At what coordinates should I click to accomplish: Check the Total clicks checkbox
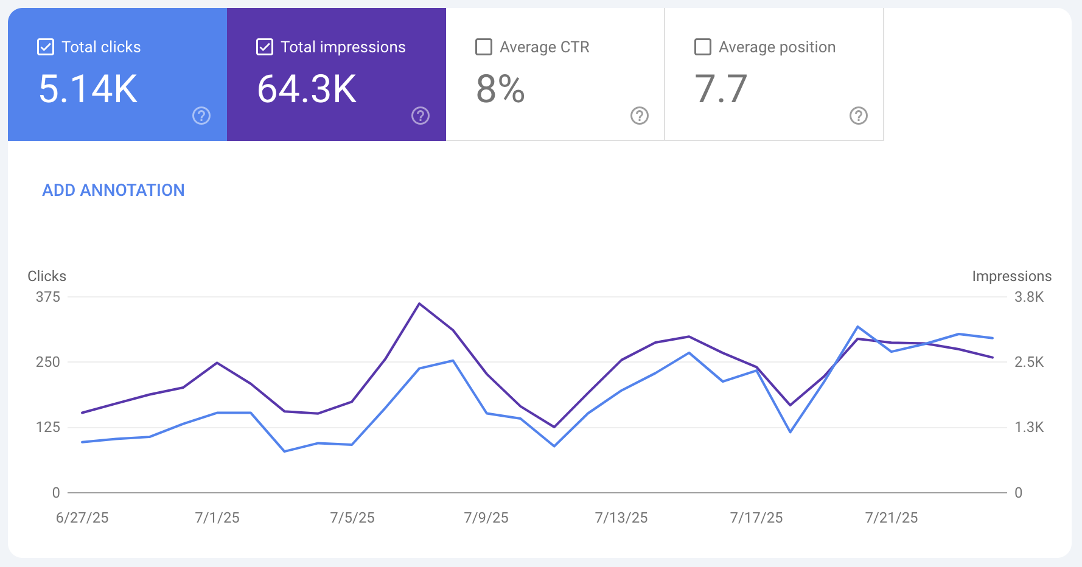pyautogui.click(x=46, y=47)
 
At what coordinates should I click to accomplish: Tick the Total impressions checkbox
pyautogui.click(x=265, y=47)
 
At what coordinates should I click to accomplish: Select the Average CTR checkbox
pyautogui.click(x=484, y=47)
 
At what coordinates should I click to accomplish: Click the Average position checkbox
pyautogui.click(x=703, y=47)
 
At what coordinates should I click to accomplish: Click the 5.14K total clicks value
pyautogui.click(x=88, y=89)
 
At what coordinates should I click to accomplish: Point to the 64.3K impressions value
pyautogui.click(x=307, y=89)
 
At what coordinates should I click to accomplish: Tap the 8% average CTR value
pyautogui.click(x=500, y=89)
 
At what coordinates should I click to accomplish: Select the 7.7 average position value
pyautogui.click(x=721, y=89)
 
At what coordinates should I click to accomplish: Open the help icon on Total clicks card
pyautogui.click(x=201, y=116)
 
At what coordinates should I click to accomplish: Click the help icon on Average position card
pyautogui.click(x=859, y=116)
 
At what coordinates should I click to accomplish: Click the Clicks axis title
pyautogui.click(x=47, y=276)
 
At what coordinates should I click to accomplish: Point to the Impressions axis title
pyautogui.click(x=1011, y=276)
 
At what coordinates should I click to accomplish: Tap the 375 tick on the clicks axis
pyautogui.click(x=48, y=297)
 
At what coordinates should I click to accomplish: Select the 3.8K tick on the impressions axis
pyautogui.click(x=1028, y=297)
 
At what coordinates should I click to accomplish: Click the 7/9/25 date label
pyautogui.click(x=486, y=518)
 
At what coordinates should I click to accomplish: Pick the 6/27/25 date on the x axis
pyautogui.click(x=82, y=518)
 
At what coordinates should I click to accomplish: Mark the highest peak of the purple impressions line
pyautogui.click(x=419, y=304)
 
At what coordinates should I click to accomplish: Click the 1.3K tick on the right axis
pyautogui.click(x=1028, y=427)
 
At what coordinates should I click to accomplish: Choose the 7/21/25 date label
pyautogui.click(x=892, y=518)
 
